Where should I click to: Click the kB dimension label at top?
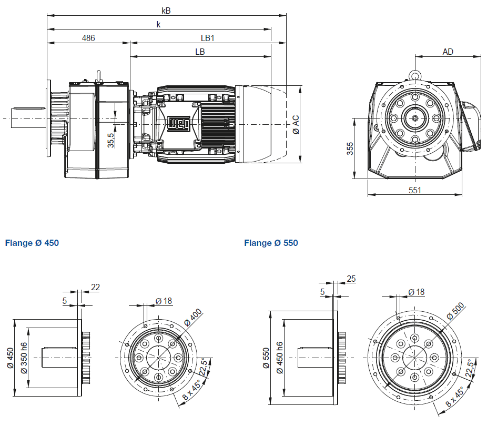tap(166, 10)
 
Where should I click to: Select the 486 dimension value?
tap(88, 38)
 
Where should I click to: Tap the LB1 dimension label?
tap(208, 38)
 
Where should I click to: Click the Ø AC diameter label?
tap(295, 124)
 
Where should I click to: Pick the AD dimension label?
tap(448, 52)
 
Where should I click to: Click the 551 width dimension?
tap(415, 190)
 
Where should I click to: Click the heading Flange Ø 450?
tap(32, 243)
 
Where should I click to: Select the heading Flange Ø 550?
tap(271, 243)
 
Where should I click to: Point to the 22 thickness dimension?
tap(95, 287)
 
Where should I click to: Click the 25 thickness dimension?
tap(351, 279)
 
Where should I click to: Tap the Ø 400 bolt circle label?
tap(192, 318)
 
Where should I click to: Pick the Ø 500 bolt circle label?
tap(455, 312)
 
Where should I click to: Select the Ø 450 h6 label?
tap(279, 358)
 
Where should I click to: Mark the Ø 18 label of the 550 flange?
tap(417, 292)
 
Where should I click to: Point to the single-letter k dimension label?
tap(158, 24)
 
